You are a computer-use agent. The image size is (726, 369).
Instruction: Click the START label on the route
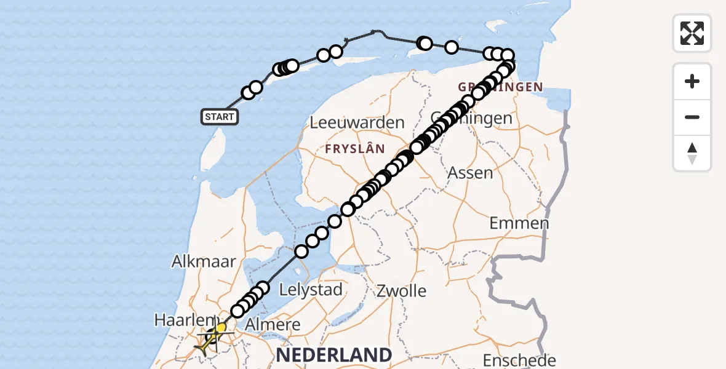point(220,116)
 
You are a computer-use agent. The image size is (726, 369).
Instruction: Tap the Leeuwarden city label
point(357,122)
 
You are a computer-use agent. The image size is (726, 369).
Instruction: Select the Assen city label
point(470,173)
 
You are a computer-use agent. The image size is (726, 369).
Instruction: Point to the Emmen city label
point(519,223)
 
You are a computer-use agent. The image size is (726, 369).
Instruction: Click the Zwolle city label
point(401,290)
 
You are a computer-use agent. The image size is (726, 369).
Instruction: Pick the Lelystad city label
point(311,289)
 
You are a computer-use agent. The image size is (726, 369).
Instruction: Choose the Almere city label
point(273,324)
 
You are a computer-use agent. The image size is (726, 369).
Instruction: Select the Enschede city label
point(519,360)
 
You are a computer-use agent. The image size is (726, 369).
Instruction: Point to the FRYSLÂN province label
point(355,149)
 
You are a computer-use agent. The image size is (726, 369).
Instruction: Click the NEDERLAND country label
point(333,355)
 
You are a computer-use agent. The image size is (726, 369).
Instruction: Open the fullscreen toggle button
point(692,33)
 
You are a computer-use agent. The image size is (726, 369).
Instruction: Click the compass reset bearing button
point(692,153)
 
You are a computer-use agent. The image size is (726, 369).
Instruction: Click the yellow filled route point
point(221,327)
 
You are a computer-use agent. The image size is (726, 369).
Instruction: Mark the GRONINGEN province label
point(500,87)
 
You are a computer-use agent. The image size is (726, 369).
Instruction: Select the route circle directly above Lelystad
point(301,252)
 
